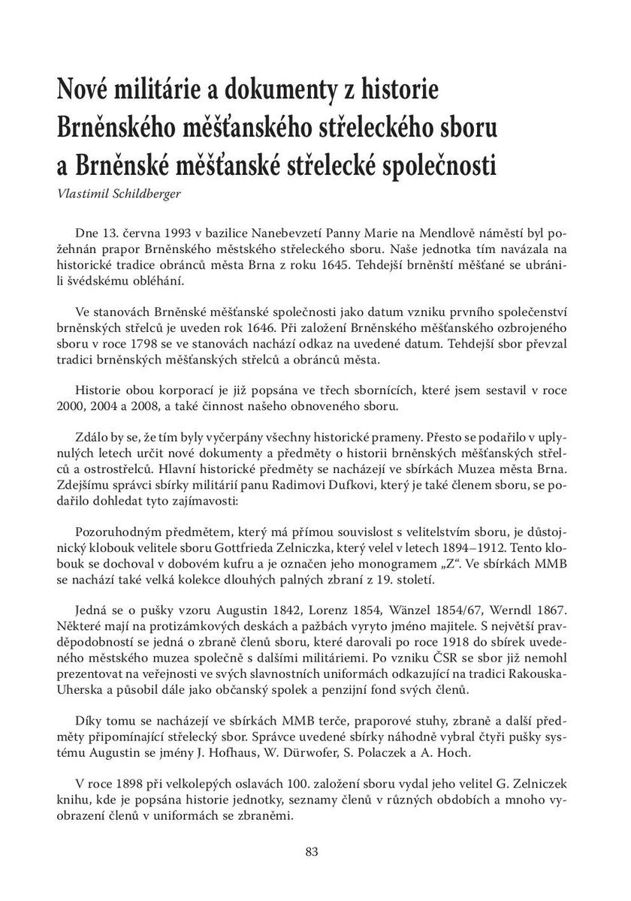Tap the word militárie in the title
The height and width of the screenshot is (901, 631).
pos(149,93)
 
